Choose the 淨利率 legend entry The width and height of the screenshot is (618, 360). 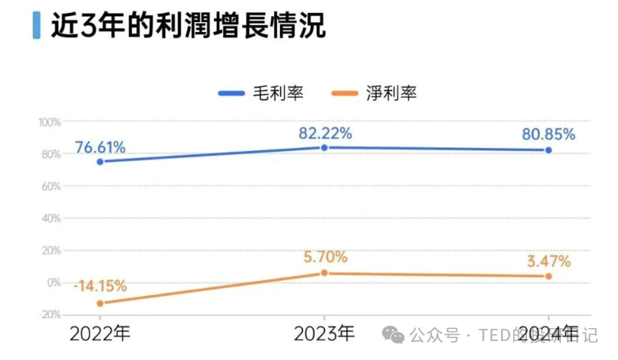(375, 93)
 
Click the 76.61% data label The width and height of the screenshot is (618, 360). (100, 147)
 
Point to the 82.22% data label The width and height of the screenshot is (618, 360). (325, 133)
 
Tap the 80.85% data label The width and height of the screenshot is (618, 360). (548, 134)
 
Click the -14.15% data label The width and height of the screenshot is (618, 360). (100, 286)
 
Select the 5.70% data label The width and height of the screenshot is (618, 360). (325, 257)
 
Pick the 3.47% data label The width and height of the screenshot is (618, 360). (548, 261)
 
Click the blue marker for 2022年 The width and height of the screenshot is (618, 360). (99, 162)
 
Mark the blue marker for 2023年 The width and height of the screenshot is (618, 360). (324, 147)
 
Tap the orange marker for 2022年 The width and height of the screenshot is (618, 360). (99, 304)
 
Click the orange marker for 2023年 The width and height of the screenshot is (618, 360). (324, 273)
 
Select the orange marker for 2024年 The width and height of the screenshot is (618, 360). (548, 276)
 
